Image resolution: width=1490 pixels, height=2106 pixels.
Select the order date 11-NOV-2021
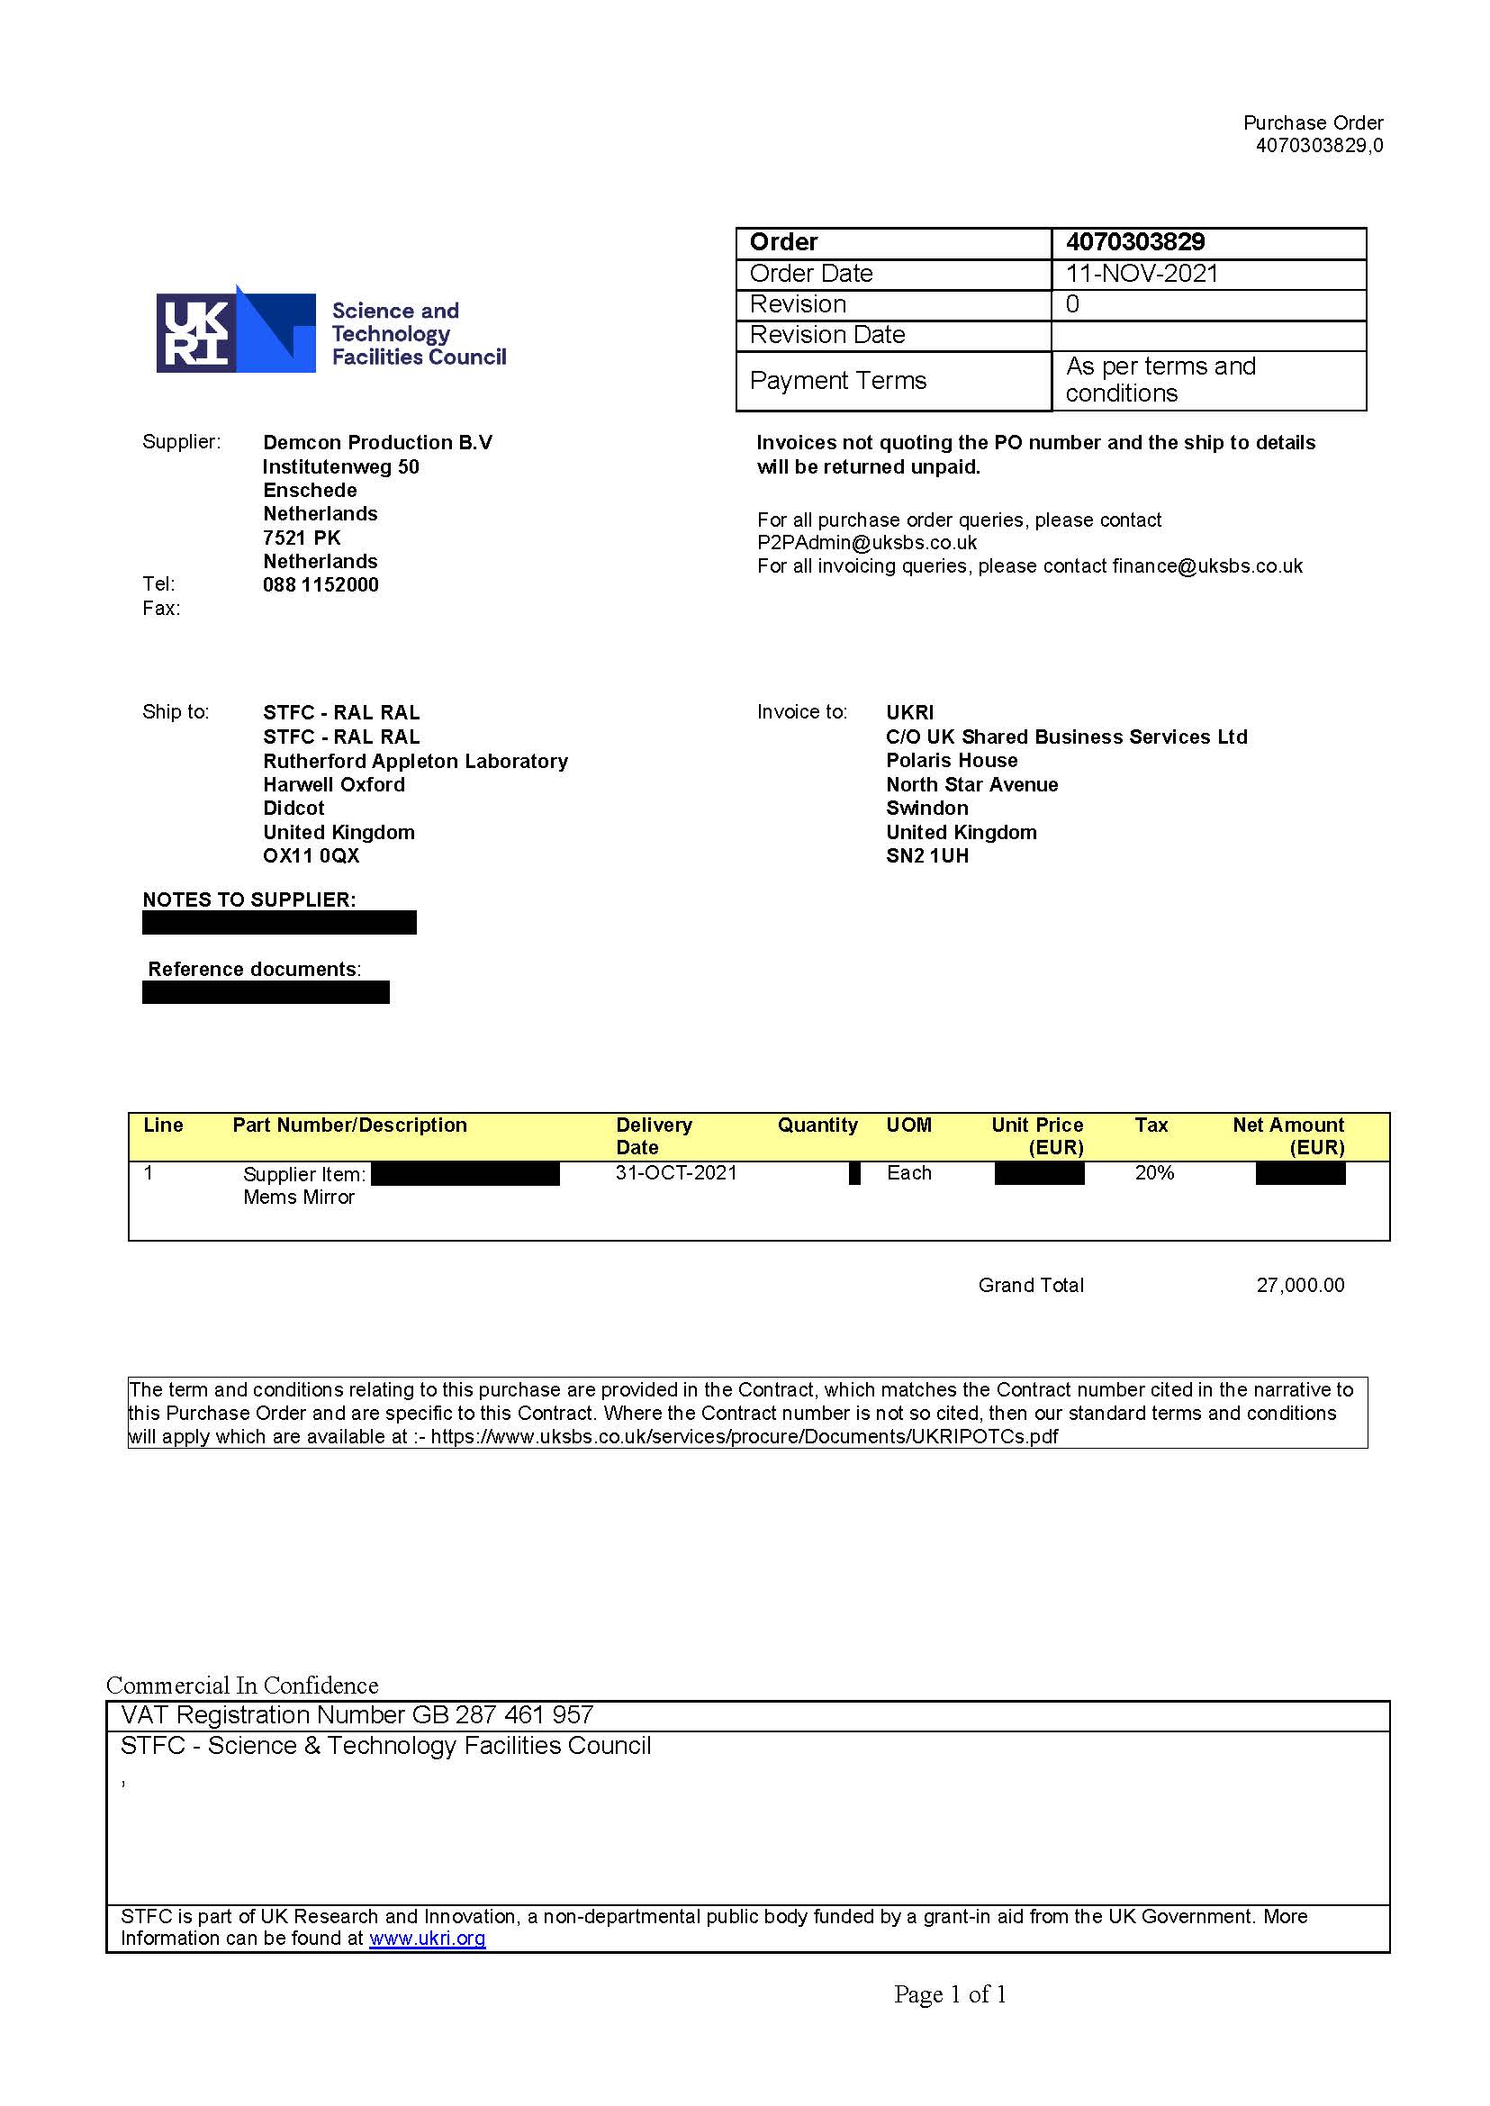click(1142, 274)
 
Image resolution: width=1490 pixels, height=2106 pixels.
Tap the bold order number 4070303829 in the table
click(1135, 242)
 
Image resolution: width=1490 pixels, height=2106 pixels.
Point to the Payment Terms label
click(837, 380)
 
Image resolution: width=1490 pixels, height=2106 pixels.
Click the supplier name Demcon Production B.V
click(377, 442)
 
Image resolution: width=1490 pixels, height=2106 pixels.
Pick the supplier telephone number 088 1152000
click(321, 584)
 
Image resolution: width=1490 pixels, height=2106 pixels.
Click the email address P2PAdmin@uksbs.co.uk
click(866, 542)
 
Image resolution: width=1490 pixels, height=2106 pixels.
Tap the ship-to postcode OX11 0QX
click(311, 855)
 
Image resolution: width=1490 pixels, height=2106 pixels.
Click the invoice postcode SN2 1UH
click(926, 855)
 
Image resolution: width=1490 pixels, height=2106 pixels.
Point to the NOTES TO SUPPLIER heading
click(248, 899)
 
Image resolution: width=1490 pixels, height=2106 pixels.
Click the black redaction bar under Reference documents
click(266, 992)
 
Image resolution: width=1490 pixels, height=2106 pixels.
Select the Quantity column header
click(817, 1125)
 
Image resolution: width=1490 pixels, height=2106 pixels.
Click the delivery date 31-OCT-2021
click(676, 1173)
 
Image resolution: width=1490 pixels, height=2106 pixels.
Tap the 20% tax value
click(1154, 1173)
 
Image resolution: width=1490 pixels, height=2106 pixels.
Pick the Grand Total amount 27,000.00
click(1299, 1285)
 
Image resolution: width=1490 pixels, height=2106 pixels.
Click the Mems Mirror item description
click(298, 1197)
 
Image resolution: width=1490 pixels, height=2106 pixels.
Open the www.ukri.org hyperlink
click(427, 1938)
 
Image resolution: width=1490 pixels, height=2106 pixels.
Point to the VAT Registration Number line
click(357, 1715)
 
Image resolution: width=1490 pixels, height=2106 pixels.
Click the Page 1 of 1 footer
click(950, 1994)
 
